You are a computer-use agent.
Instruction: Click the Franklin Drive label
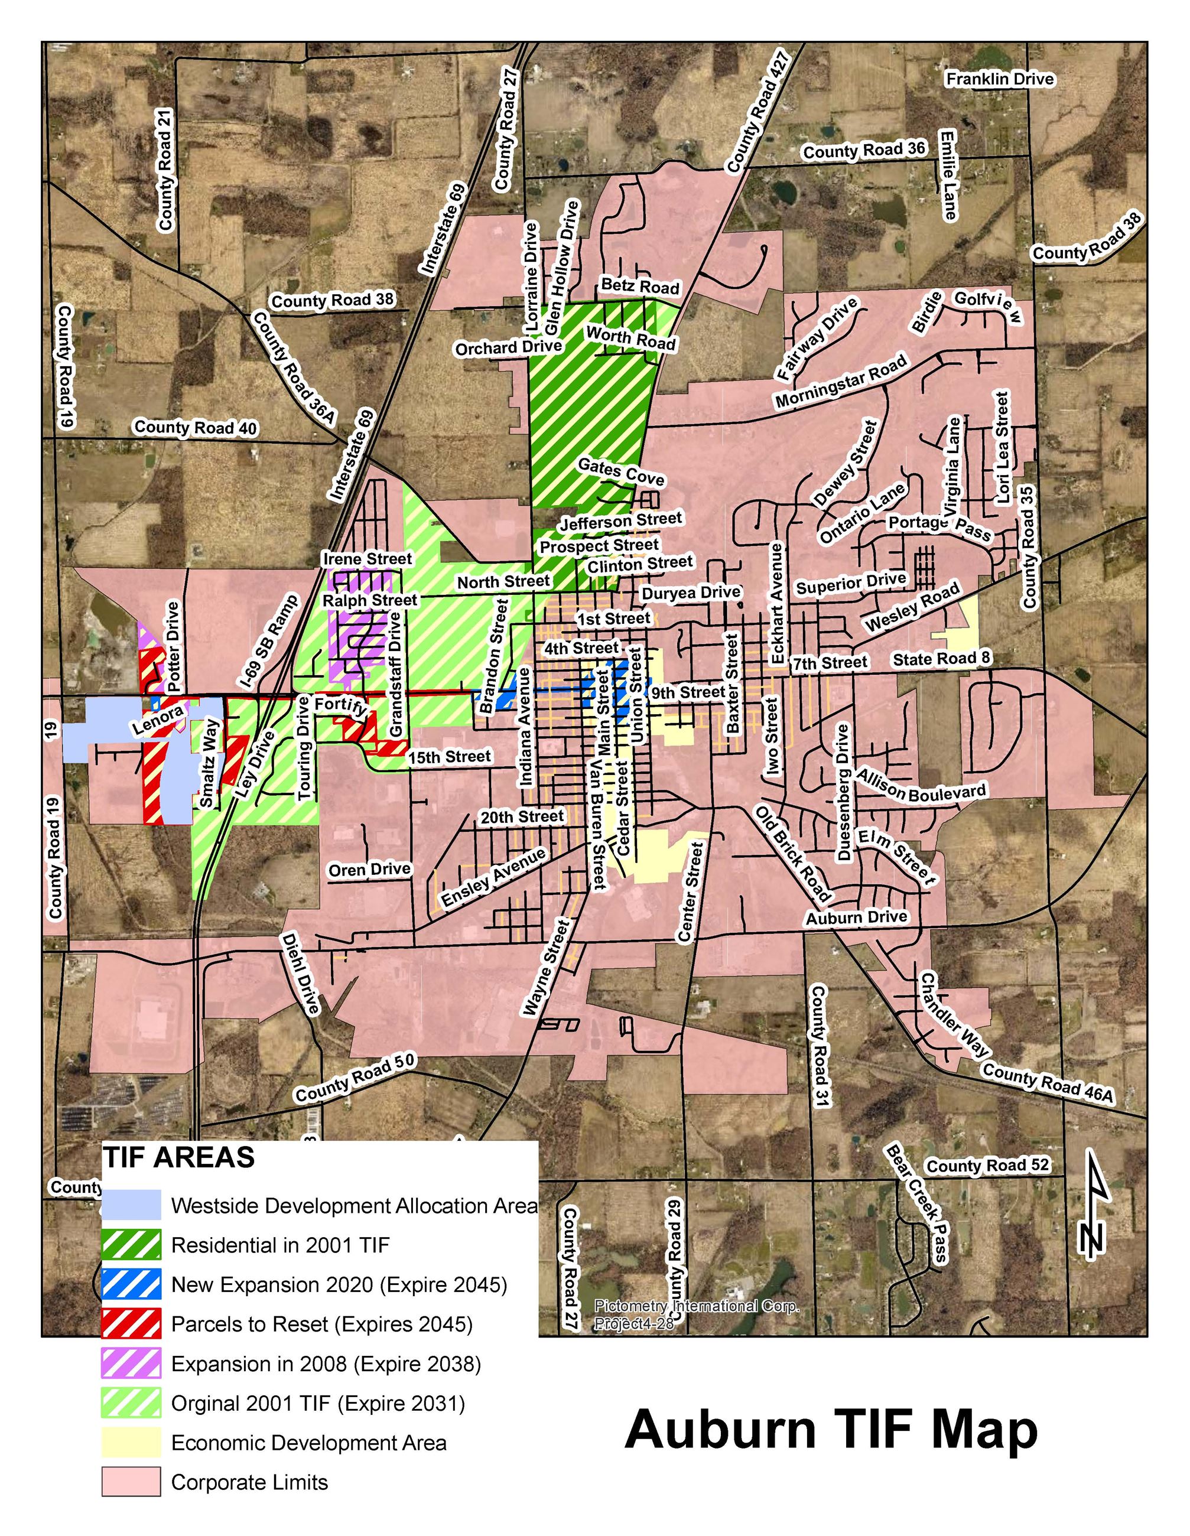pyautogui.click(x=999, y=79)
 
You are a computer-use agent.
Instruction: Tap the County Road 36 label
pyautogui.click(x=864, y=151)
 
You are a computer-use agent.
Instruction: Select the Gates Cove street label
pyautogui.click(x=621, y=471)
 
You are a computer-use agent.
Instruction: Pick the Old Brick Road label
pyautogui.click(x=792, y=854)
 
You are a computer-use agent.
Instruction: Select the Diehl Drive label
pyautogui.click(x=300, y=974)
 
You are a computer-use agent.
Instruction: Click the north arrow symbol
pyautogui.click(x=1093, y=1203)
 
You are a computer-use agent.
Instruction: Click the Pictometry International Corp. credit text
pyautogui.click(x=696, y=1306)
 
